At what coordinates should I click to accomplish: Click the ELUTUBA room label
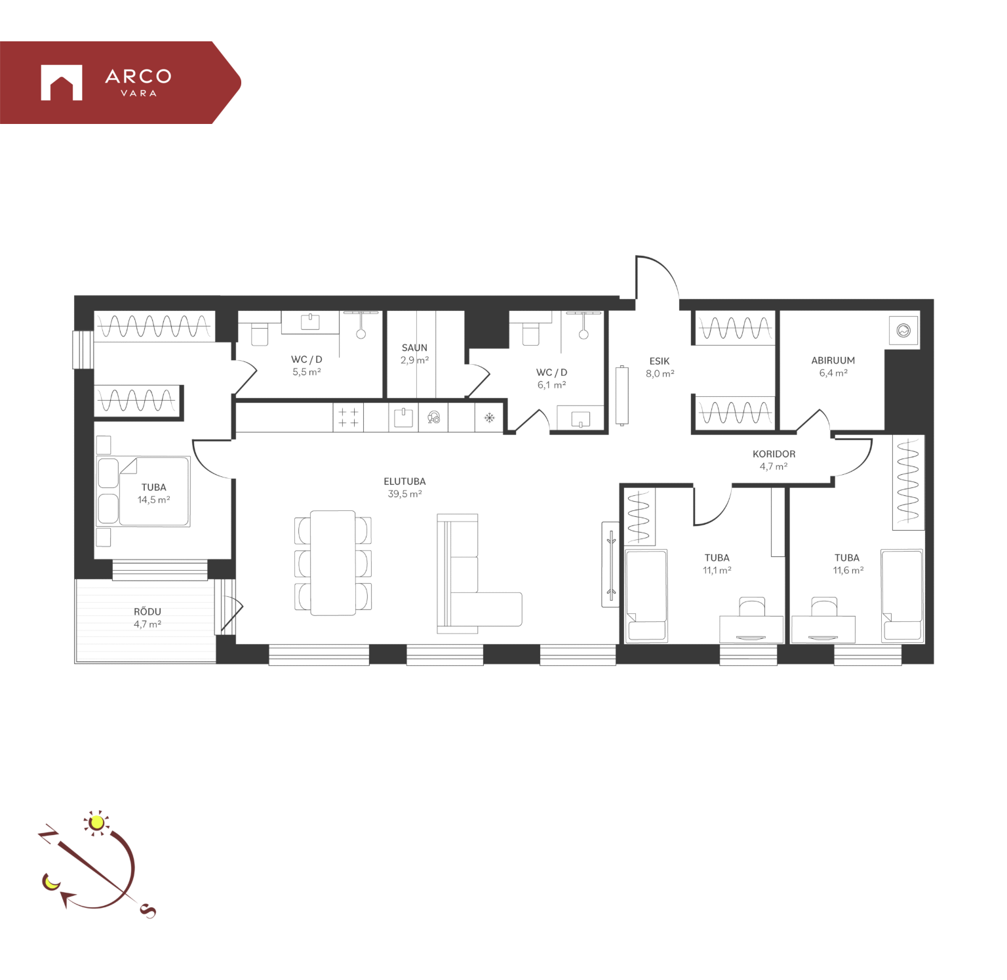[x=405, y=481]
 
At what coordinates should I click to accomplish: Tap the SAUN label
[x=414, y=348]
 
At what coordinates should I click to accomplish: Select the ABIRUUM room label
[x=833, y=360]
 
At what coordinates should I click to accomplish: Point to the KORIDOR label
[x=774, y=454]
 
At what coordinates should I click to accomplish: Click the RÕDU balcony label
[x=148, y=611]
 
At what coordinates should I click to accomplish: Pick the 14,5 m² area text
[x=154, y=500]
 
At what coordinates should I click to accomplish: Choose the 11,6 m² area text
[x=848, y=571]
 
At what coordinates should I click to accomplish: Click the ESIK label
[x=660, y=361]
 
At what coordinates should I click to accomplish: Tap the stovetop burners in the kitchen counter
[x=348, y=417]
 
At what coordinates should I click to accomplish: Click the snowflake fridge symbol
[x=489, y=417]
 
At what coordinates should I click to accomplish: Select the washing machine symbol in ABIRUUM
[x=903, y=331]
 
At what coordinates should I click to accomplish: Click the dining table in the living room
[x=333, y=563]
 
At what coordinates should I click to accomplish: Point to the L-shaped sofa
[x=479, y=574]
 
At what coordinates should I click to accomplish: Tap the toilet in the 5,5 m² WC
[x=260, y=333]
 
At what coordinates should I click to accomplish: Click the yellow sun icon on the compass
[x=97, y=823]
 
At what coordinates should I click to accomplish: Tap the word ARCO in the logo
[x=138, y=76]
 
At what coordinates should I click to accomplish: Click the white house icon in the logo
[x=62, y=83]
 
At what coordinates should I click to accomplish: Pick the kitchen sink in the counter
[x=403, y=417]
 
